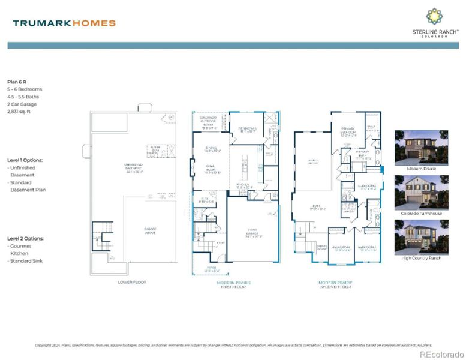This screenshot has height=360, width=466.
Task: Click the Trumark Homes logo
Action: (x=64, y=23)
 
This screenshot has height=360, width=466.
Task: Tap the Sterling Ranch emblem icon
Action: (x=434, y=16)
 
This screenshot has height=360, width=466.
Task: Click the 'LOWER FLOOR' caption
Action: (x=133, y=281)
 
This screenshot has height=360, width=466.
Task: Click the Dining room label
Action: (x=211, y=149)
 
